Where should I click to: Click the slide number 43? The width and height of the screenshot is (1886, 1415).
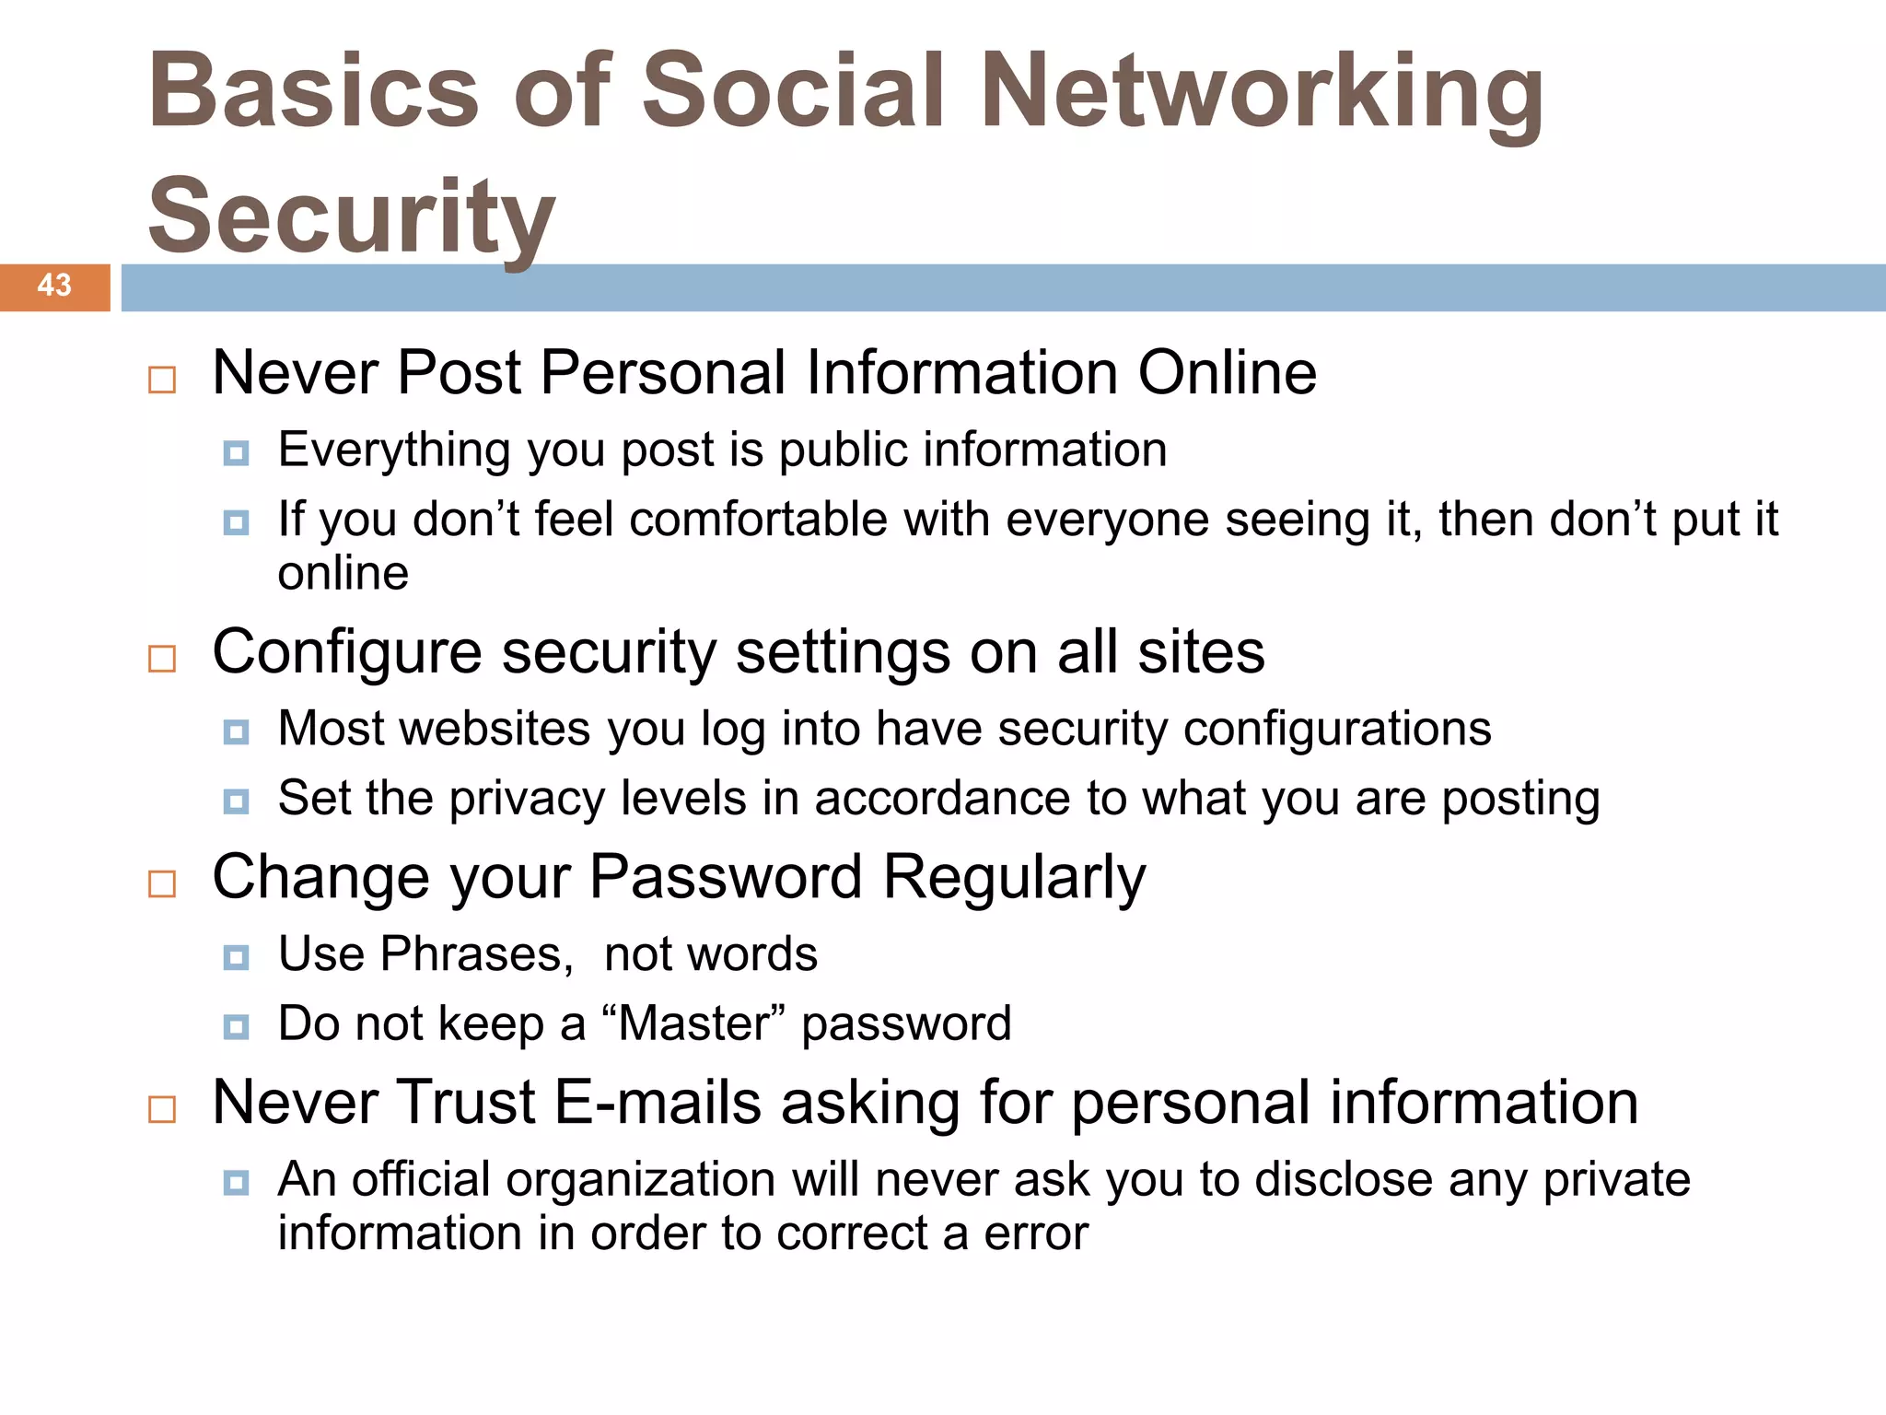[x=54, y=286]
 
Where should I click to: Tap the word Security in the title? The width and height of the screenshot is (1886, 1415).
[x=351, y=217]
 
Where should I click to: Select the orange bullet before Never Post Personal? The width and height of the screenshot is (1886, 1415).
[x=162, y=380]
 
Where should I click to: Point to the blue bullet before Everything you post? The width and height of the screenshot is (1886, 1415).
[x=236, y=453]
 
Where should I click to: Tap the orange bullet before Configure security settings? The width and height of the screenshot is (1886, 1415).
[x=162, y=659]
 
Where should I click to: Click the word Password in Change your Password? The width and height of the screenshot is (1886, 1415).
[x=725, y=877]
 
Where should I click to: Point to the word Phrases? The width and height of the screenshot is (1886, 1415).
[x=476, y=953]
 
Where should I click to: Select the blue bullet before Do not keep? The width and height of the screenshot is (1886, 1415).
[x=236, y=1027]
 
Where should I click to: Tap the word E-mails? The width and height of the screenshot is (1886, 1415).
[x=658, y=1103]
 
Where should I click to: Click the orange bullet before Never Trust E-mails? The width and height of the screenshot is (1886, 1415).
[x=162, y=1109]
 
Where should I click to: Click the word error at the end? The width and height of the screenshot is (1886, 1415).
[x=1036, y=1234]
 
